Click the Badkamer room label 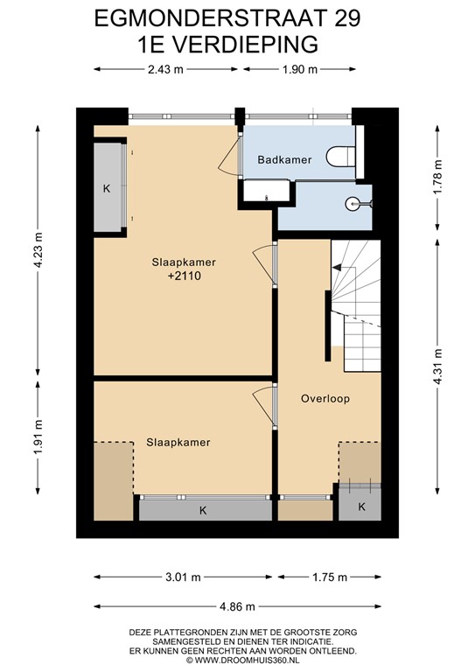pyautogui.click(x=284, y=160)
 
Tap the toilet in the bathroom pyautogui.click(x=341, y=157)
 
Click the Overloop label pyautogui.click(x=325, y=399)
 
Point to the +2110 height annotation pyautogui.click(x=185, y=276)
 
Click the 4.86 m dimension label pyautogui.click(x=237, y=606)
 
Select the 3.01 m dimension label pyautogui.click(x=183, y=577)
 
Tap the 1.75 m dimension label pyautogui.click(x=330, y=577)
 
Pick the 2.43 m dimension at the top pyautogui.click(x=165, y=69)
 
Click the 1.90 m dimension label pyautogui.click(x=300, y=69)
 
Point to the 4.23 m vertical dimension pyautogui.click(x=38, y=250)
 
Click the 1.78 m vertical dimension pyautogui.click(x=437, y=177)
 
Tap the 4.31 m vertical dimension pyautogui.click(x=437, y=367)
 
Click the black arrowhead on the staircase pyautogui.click(x=337, y=268)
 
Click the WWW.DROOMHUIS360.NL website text pyautogui.click(x=247, y=661)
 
